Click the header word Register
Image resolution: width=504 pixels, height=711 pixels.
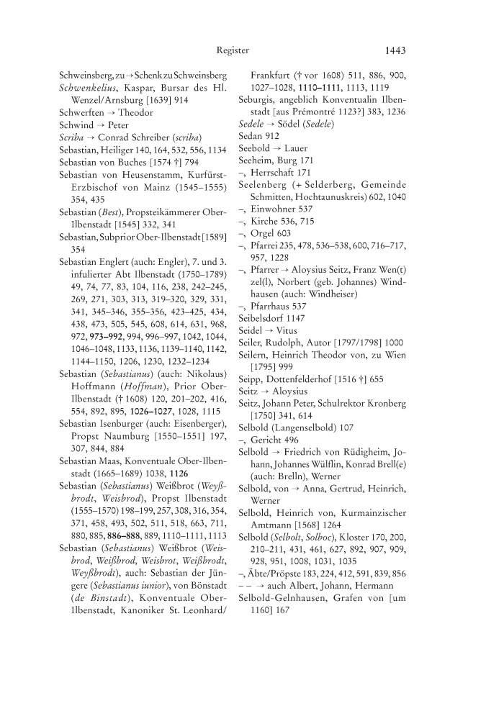point(233,50)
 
